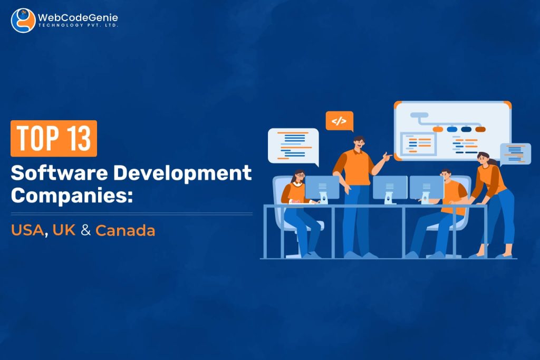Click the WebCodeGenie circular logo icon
[x=23, y=21]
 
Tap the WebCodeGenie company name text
[x=78, y=18]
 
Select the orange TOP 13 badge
[x=54, y=138]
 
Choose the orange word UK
[x=64, y=230]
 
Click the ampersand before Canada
[x=85, y=230]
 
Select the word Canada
[x=125, y=230]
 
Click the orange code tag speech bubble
[x=339, y=121]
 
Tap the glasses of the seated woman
[x=298, y=176]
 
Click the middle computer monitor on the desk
[x=390, y=187]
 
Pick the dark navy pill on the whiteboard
[x=466, y=129]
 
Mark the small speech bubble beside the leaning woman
[x=515, y=153]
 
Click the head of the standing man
[x=358, y=143]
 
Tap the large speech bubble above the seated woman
[x=293, y=144]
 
